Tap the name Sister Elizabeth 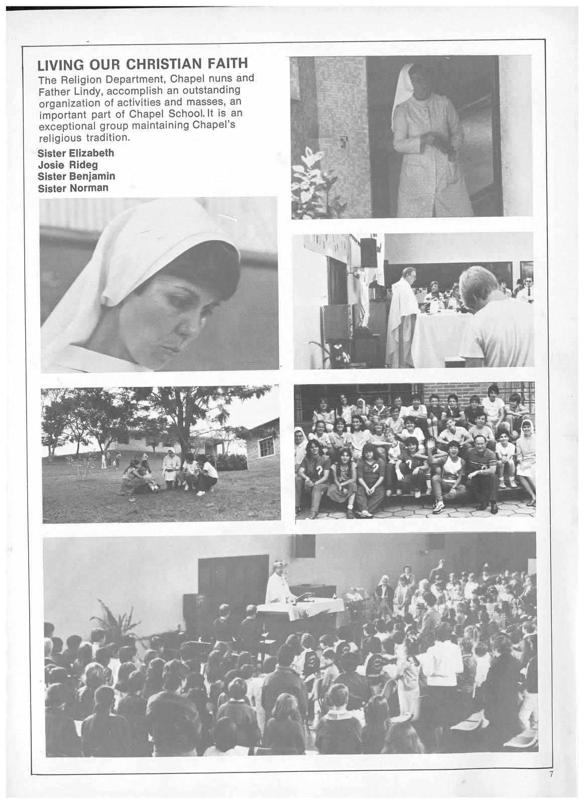[x=76, y=153]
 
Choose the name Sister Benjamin [x=77, y=176]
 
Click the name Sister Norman [x=73, y=188]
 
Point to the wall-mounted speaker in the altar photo [x=369, y=252]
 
